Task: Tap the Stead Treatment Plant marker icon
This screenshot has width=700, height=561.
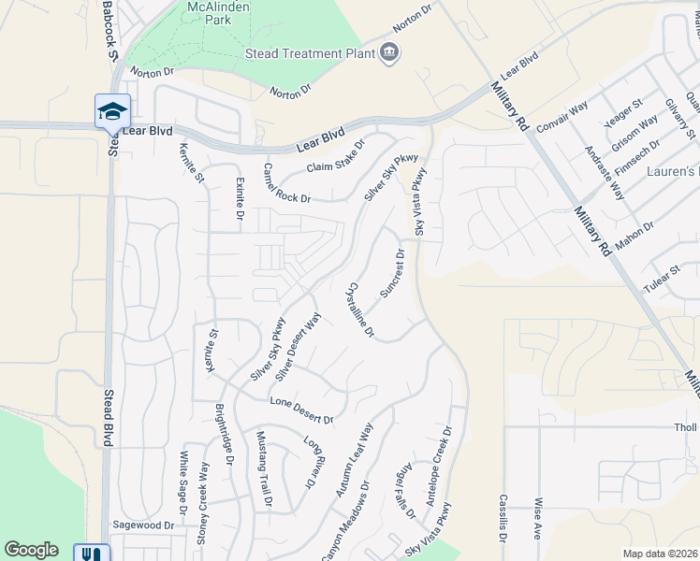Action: point(389,54)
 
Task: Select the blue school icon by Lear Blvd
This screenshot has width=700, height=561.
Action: point(112,111)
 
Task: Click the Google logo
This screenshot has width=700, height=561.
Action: point(31,550)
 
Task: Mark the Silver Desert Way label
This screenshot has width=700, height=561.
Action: point(299,346)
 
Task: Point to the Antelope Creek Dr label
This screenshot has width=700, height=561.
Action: point(439,467)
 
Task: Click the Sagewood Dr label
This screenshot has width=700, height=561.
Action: point(143,525)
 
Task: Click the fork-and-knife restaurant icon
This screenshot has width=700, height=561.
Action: point(92,554)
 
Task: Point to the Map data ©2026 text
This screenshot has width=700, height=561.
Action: point(660,554)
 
